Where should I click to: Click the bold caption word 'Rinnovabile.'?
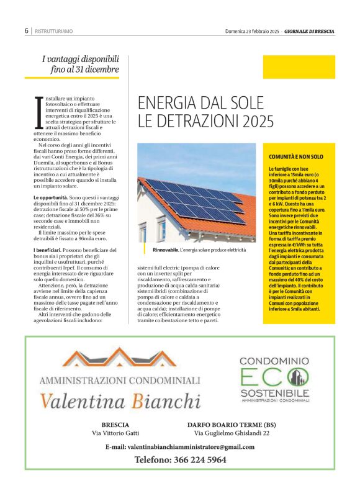[x=165, y=250]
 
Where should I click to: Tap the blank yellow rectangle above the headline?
[x=294, y=66]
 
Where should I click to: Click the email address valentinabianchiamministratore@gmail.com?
[x=180, y=447]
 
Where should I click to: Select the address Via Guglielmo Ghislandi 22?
[x=232, y=433]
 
